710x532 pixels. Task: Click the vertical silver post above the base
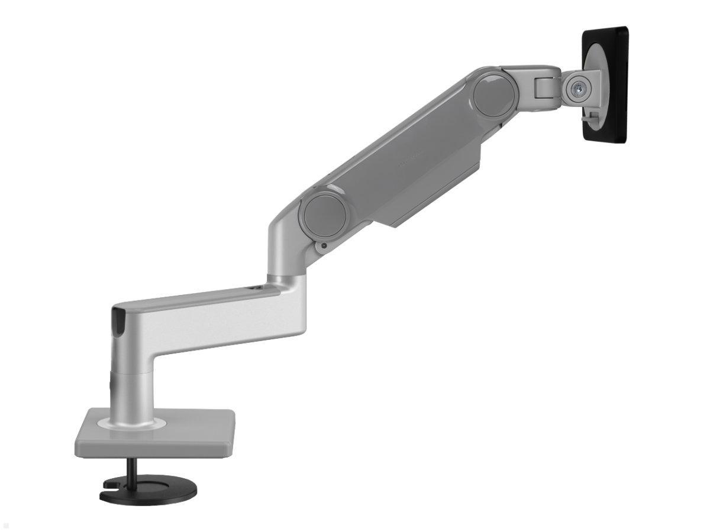pos(125,378)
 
